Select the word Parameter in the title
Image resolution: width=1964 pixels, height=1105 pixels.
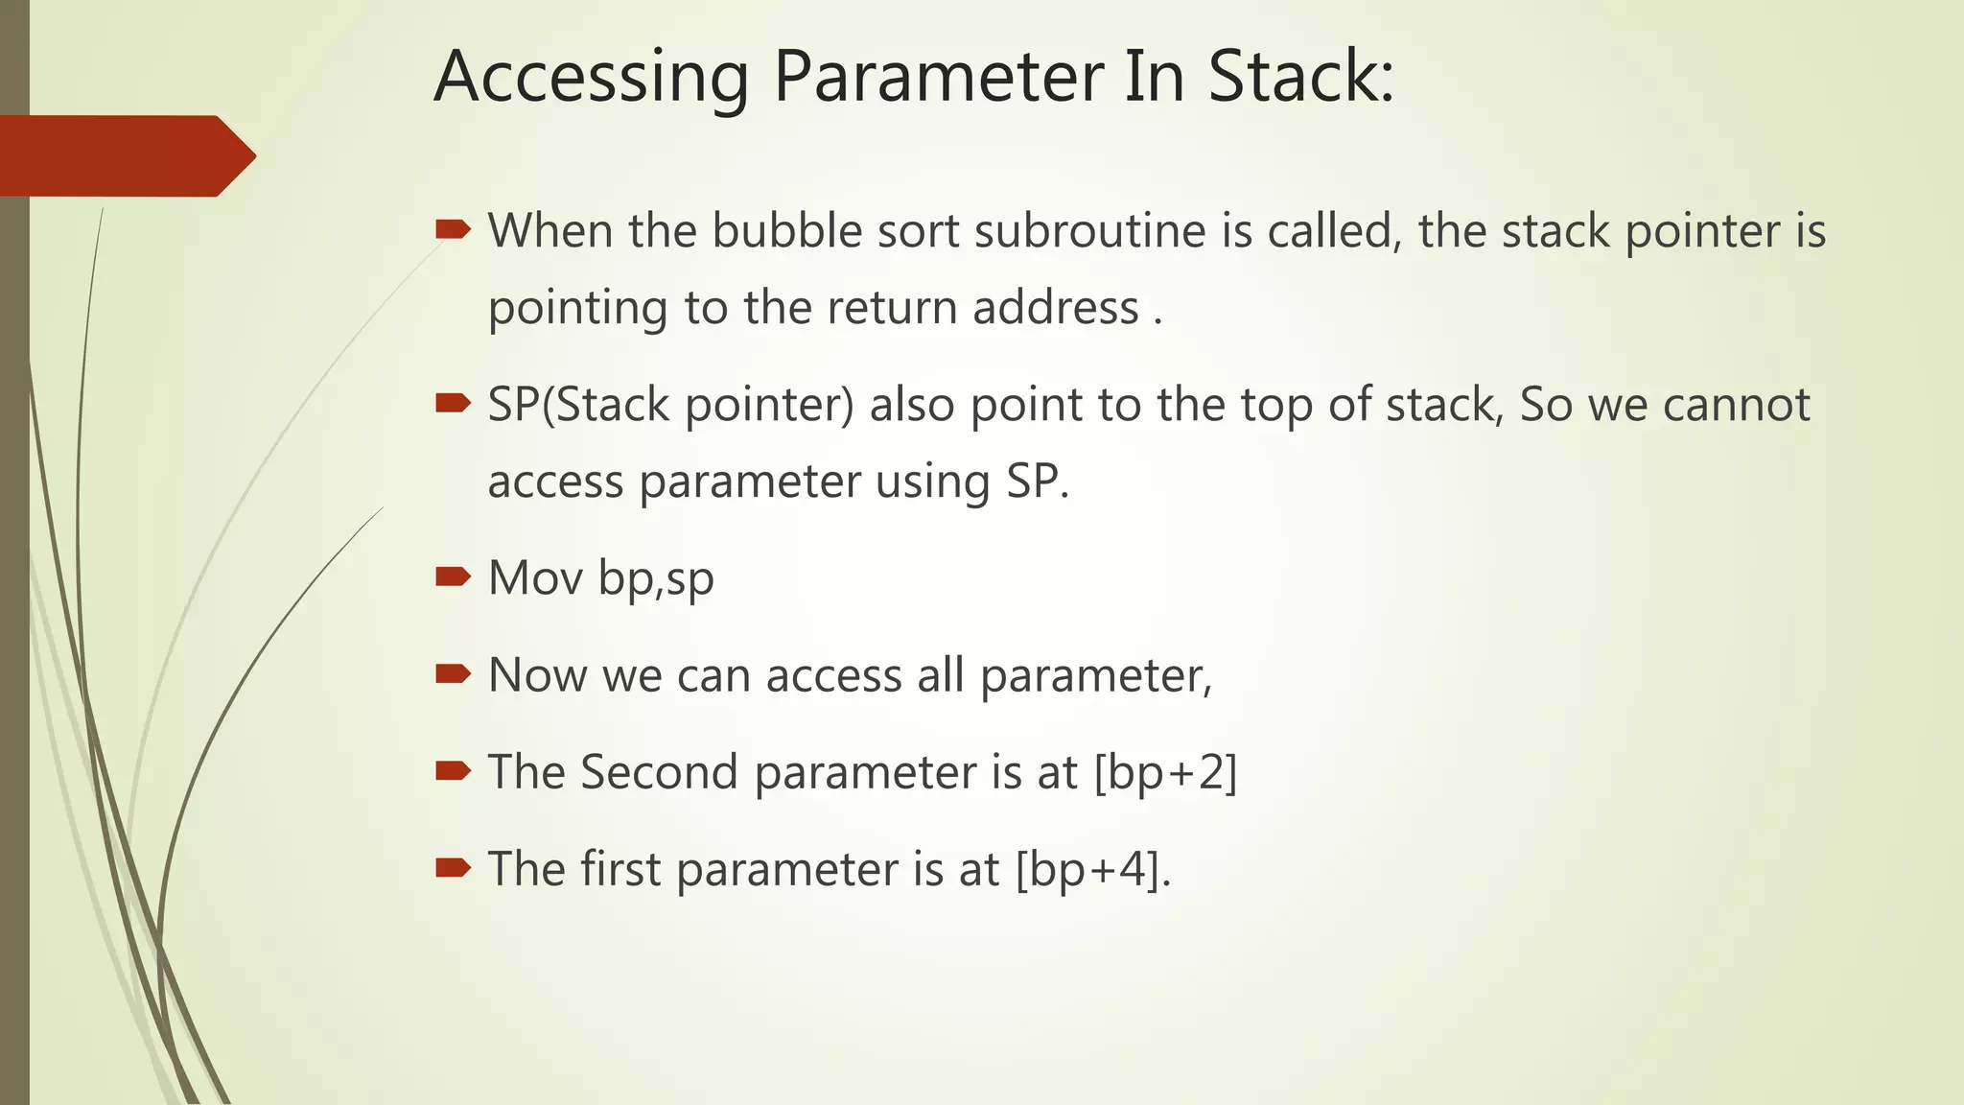(x=937, y=77)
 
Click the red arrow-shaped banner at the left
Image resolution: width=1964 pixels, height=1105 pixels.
(x=125, y=155)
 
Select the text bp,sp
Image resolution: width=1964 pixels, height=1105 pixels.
(x=656, y=578)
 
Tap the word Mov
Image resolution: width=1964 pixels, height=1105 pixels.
(x=535, y=578)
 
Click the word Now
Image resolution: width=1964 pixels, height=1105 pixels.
(x=537, y=675)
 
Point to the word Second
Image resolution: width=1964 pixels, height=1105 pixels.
(x=659, y=772)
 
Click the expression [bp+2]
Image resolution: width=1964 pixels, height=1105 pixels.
(x=1165, y=772)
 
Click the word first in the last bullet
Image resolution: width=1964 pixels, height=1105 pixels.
(x=620, y=869)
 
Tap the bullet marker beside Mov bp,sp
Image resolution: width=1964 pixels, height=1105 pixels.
(x=453, y=576)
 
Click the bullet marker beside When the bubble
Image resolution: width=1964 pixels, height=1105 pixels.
(x=453, y=228)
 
